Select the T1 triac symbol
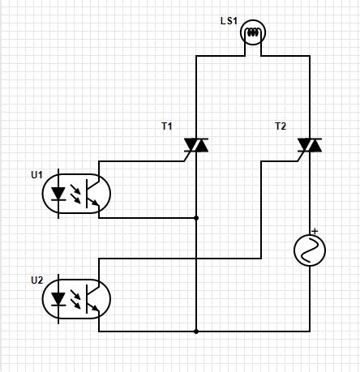click(x=196, y=145)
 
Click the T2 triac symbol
click(x=309, y=145)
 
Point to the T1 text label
click(x=167, y=126)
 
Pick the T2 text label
click(x=281, y=126)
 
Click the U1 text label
click(x=36, y=174)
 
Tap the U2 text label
click(x=36, y=280)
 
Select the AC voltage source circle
click(x=309, y=251)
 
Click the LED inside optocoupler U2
click(x=58, y=299)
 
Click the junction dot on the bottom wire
click(x=196, y=331)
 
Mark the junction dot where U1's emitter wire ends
click(x=196, y=218)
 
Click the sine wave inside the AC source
click(x=309, y=252)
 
